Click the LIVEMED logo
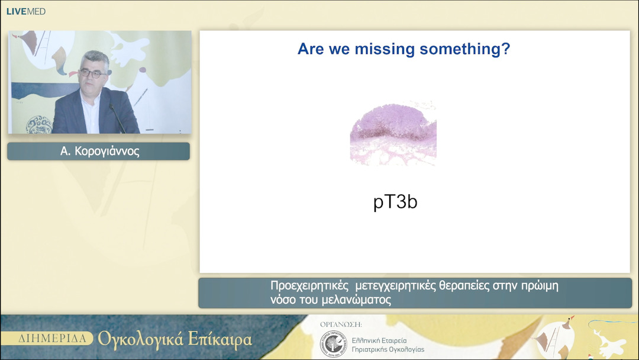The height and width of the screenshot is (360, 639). point(25,11)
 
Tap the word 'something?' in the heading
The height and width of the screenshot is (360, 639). point(465,49)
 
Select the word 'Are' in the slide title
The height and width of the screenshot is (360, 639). point(311,49)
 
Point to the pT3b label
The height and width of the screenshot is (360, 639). point(395,202)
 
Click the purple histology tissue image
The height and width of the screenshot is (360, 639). point(393,133)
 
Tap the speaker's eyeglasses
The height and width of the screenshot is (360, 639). point(93,74)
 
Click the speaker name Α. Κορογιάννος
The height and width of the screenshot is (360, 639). point(99,151)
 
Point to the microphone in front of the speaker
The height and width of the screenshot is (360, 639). point(118,118)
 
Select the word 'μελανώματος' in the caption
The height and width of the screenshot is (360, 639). point(356,300)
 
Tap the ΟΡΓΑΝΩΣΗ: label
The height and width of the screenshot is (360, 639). point(341,324)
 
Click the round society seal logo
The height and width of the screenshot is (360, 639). point(333,344)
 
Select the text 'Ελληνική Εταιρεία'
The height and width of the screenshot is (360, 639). point(379,340)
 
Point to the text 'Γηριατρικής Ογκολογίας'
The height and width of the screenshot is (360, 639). point(388,350)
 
